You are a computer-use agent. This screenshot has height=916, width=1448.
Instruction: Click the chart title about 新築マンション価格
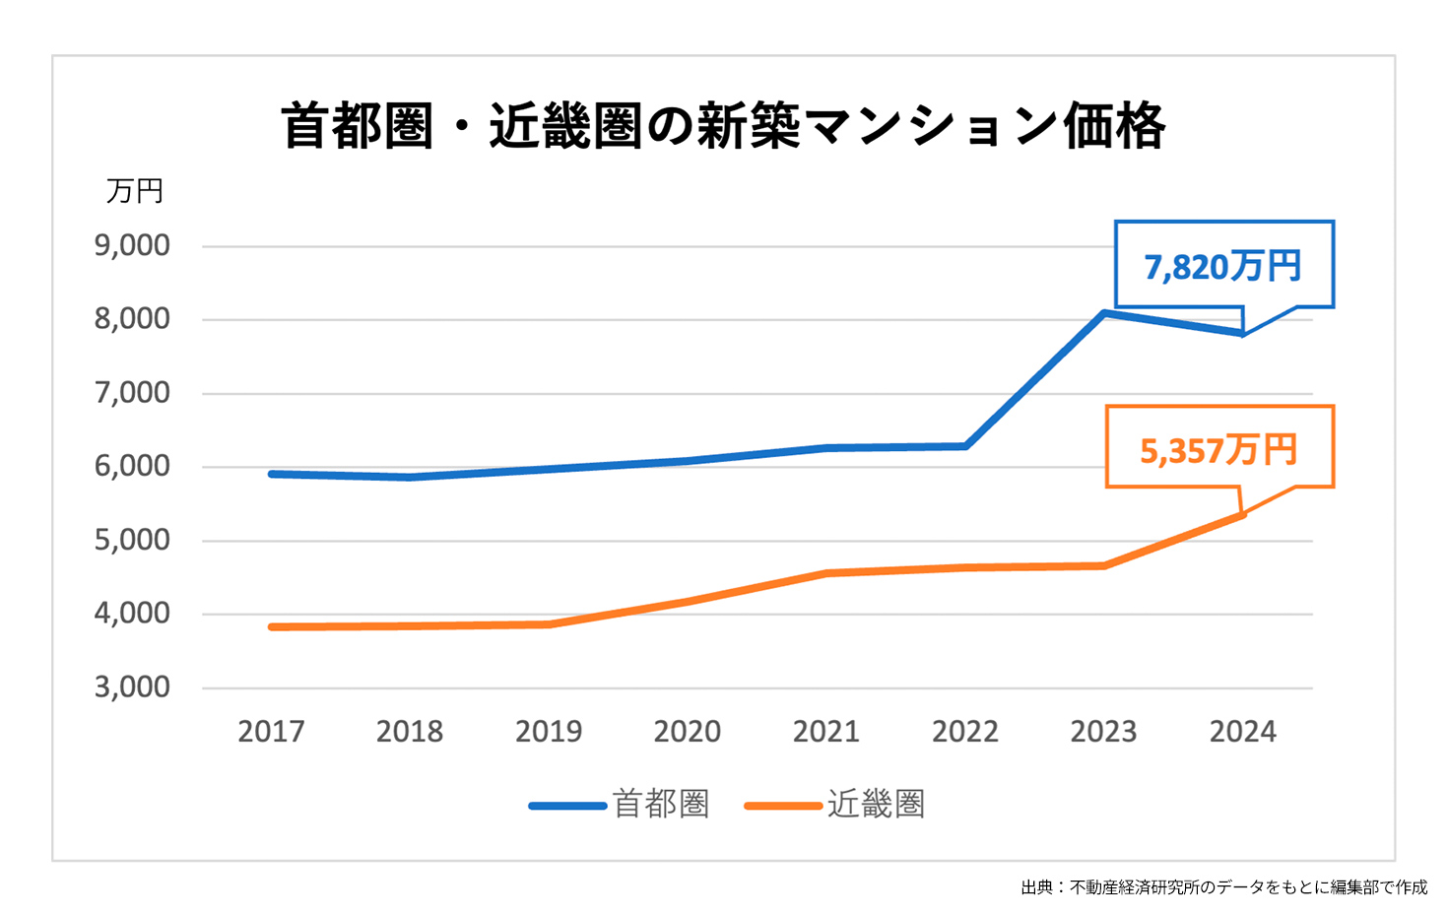click(723, 126)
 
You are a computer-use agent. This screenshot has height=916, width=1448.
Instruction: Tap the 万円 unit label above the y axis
click(135, 191)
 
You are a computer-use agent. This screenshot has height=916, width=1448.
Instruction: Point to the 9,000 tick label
click(132, 245)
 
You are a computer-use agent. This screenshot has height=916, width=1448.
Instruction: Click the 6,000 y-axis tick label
click(132, 466)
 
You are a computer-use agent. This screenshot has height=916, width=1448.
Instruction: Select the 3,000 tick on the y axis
click(132, 687)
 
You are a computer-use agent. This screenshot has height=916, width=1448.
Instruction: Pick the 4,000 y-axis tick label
click(132, 613)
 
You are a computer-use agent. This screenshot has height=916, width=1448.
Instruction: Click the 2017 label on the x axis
click(271, 732)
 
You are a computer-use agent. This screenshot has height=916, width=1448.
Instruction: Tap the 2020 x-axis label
click(688, 732)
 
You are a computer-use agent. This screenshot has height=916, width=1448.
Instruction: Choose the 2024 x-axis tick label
click(1242, 732)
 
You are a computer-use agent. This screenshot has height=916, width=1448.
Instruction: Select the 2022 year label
click(965, 732)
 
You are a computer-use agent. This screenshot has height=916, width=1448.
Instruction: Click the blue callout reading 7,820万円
click(1223, 266)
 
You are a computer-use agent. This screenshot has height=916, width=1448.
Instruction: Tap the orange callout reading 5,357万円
click(1218, 450)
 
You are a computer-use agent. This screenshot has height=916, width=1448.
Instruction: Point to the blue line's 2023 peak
click(1104, 313)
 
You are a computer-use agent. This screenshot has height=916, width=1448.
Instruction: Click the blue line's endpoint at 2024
click(1242, 333)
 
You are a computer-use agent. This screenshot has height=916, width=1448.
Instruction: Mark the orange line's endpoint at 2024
click(1242, 514)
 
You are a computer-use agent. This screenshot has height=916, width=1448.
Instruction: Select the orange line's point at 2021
click(826, 573)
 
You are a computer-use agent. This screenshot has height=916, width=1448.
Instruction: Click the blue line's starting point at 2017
click(271, 474)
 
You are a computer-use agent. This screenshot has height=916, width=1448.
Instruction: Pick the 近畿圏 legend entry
click(836, 805)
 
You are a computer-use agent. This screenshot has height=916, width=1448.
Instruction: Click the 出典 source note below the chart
click(1223, 887)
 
